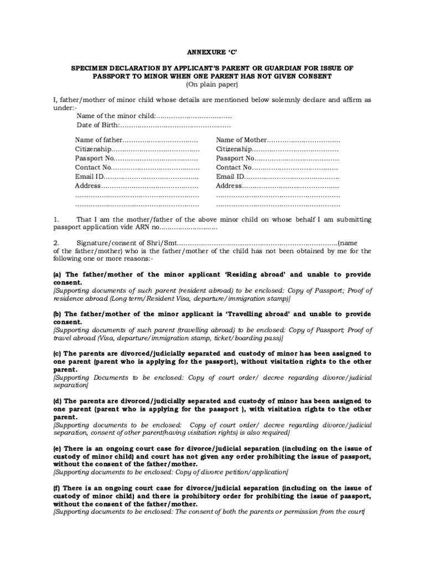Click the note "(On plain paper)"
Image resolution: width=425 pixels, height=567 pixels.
212,84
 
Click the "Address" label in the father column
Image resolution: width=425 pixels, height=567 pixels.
86,185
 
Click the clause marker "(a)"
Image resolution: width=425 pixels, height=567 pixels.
57,275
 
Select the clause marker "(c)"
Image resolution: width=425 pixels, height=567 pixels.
57,353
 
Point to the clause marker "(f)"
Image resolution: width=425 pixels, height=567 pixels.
56,488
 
